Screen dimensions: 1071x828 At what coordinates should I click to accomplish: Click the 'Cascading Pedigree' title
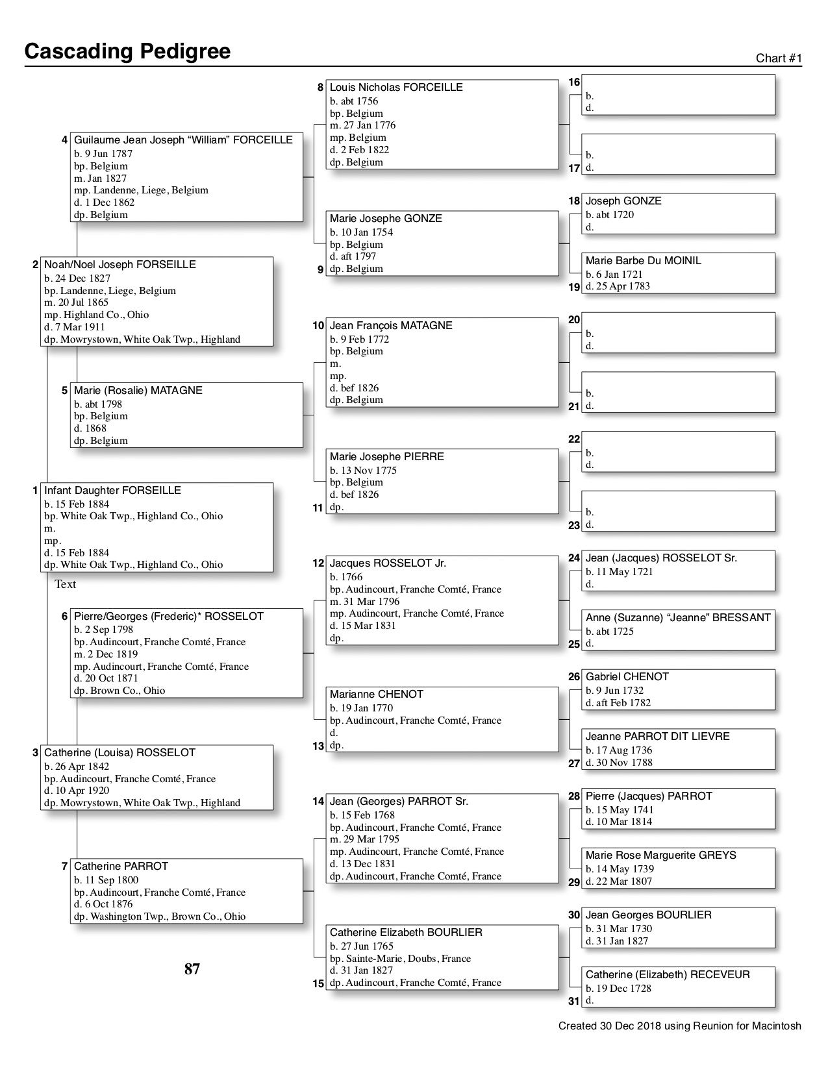point(127,51)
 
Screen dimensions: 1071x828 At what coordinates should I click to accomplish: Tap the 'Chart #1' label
point(779,58)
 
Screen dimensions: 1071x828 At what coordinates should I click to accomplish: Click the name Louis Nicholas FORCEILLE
point(396,87)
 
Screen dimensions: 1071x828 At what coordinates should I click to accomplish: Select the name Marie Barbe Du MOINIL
point(643,260)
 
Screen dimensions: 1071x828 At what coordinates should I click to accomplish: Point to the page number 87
point(192,969)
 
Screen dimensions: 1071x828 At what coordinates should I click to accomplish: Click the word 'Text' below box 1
point(65,584)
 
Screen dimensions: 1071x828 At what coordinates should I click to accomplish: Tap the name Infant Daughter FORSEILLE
point(112,490)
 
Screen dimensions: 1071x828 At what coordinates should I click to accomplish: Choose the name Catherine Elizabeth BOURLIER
point(406,932)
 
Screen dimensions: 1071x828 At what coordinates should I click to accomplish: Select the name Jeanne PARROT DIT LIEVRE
point(657,736)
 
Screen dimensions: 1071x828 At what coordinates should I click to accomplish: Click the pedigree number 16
point(574,82)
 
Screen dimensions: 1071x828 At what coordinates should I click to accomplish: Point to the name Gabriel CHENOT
point(627,676)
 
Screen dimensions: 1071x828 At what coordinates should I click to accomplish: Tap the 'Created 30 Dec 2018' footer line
point(679,1026)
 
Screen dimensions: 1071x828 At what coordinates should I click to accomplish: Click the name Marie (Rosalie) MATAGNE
point(138,390)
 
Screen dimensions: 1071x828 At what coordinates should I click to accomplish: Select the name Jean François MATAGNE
point(391,325)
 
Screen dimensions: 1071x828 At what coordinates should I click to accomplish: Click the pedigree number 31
point(573,1001)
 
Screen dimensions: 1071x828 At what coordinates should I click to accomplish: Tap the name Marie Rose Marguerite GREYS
point(660,855)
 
